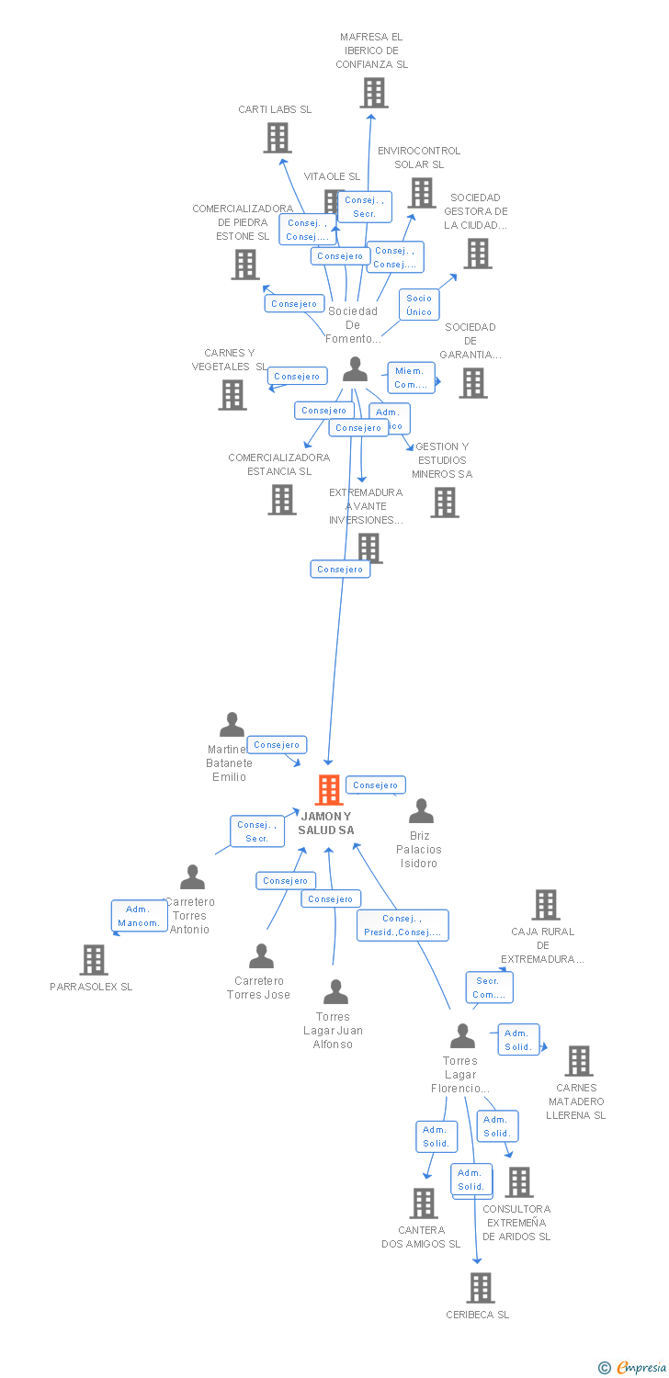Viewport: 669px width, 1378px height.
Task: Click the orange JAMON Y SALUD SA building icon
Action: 329,790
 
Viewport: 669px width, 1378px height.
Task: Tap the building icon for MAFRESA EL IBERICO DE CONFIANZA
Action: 373,93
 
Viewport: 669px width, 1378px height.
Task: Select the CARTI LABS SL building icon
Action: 278,138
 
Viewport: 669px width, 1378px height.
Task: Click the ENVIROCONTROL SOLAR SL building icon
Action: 422,193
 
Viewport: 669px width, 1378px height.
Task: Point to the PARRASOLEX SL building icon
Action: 94,960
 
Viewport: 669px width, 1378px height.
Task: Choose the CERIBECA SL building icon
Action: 480,1288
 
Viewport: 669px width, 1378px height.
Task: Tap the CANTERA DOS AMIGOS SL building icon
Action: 423,1203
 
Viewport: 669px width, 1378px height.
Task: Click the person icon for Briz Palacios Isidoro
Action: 421,811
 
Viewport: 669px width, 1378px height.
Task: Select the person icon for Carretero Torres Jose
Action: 262,956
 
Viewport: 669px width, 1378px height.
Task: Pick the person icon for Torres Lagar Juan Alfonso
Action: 336,992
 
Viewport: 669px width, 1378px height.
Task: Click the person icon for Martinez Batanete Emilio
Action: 232,725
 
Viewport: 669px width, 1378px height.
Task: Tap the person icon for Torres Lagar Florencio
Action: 462,1036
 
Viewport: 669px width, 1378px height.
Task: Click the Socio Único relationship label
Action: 419,305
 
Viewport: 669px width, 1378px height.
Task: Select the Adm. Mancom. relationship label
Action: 139,916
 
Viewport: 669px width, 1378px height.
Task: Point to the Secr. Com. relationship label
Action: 489,988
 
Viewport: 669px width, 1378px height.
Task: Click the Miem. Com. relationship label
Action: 410,378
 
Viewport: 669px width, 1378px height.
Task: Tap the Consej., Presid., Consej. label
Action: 403,925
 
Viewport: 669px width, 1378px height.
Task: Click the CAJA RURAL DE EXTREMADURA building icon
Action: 545,905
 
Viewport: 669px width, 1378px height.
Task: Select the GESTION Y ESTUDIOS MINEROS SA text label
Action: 442,460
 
